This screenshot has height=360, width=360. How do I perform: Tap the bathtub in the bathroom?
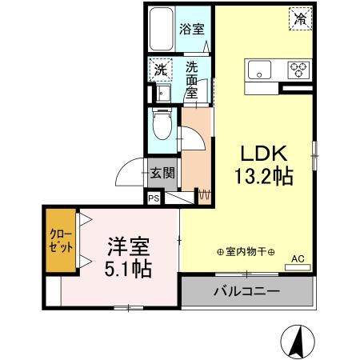click(162, 30)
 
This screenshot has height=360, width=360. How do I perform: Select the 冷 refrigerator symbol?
click(301, 18)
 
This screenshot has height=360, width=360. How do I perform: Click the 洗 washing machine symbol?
click(161, 70)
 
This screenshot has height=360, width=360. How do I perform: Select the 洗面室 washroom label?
click(193, 79)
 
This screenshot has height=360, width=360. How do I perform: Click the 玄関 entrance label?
click(164, 171)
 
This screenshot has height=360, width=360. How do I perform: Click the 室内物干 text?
click(245, 253)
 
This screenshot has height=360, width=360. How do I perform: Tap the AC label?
click(297, 258)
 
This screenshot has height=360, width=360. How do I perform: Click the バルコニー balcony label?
click(246, 290)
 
